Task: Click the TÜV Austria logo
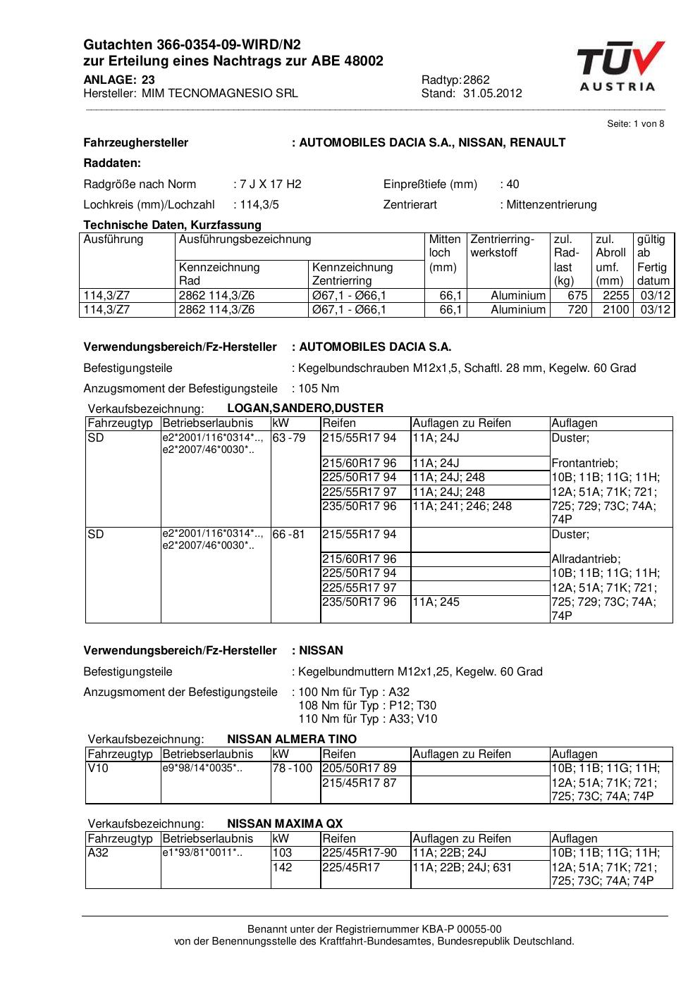pos(620,66)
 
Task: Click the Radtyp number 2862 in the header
pos(477,80)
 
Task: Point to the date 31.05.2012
pos(493,93)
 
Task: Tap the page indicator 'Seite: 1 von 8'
pos(635,124)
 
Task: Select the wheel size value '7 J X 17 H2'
pos(271,185)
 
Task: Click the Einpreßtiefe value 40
pos(512,185)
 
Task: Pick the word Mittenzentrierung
pos(551,205)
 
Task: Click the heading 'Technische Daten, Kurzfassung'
pos(172,225)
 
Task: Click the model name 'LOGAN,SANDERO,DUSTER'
pos(305,409)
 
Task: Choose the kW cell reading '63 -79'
pos(289,438)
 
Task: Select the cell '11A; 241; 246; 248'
pos(462,506)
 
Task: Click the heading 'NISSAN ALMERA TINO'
pos(292,740)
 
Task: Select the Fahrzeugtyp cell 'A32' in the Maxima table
pos(97,853)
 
